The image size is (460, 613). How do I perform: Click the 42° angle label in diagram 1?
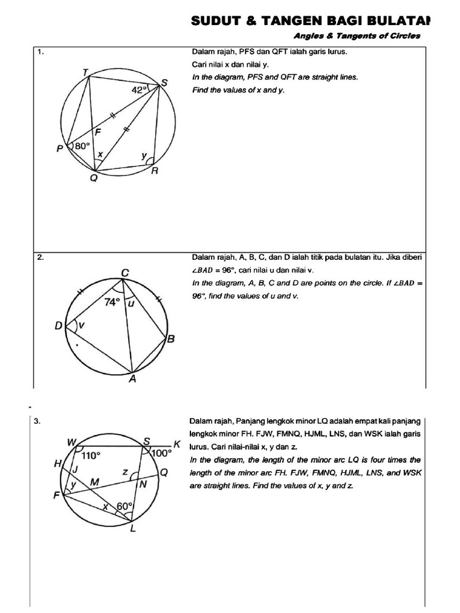[139, 90]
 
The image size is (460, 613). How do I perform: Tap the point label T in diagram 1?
[86, 72]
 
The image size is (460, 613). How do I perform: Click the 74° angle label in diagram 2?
[113, 302]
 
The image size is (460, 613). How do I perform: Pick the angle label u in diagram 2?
[132, 304]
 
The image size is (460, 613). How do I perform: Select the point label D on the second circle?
[59, 326]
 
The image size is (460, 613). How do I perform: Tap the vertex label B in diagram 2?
[171, 340]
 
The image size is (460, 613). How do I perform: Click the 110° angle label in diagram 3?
[91, 455]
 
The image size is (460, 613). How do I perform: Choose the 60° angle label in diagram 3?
[124, 506]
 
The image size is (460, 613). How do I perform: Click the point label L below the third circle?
[133, 528]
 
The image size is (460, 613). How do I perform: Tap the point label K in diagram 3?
[177, 444]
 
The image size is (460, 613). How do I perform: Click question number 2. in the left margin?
[41, 257]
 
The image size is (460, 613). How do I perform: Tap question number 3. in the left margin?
[37, 421]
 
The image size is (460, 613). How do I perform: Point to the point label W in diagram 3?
[71, 442]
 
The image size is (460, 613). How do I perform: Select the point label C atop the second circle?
[125, 273]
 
